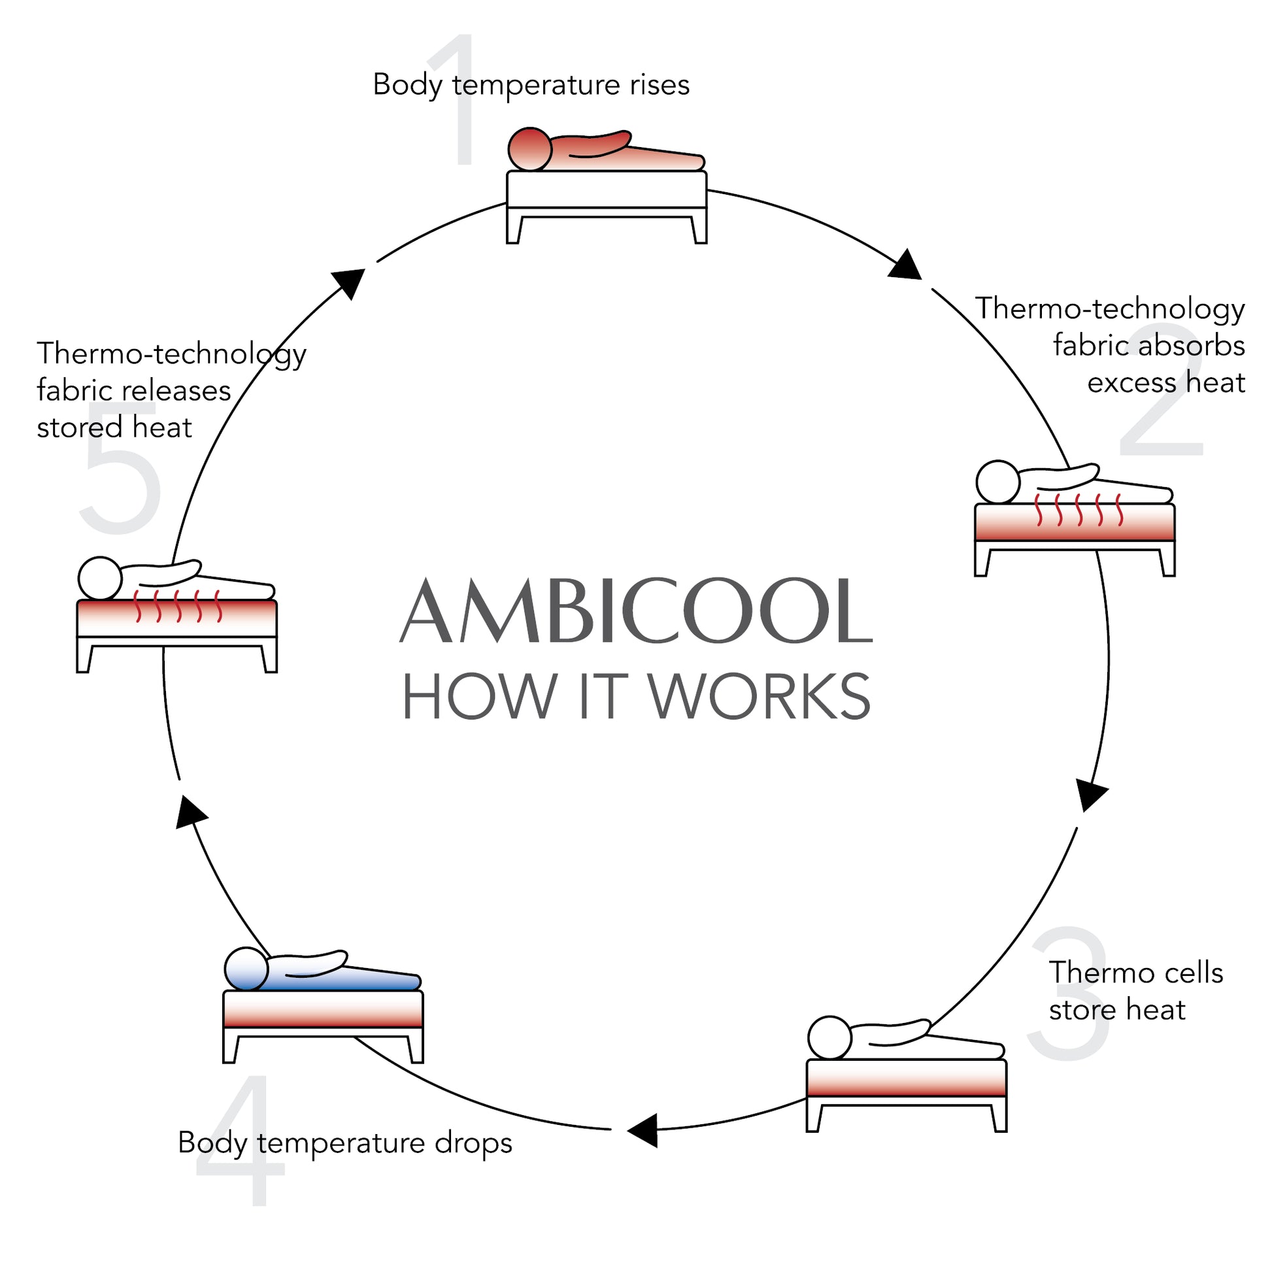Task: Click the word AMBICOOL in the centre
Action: coord(636,611)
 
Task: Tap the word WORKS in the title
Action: coord(760,697)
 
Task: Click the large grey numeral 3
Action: coord(1069,994)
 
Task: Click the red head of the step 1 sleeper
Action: coord(529,149)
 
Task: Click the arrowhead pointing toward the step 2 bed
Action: coord(906,265)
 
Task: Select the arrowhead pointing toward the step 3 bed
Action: coord(1091,795)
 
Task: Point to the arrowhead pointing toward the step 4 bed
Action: coord(644,1130)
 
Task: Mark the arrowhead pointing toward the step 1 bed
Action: coord(349,281)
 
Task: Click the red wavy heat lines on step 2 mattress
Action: coord(1079,510)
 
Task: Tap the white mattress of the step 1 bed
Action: coord(607,189)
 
